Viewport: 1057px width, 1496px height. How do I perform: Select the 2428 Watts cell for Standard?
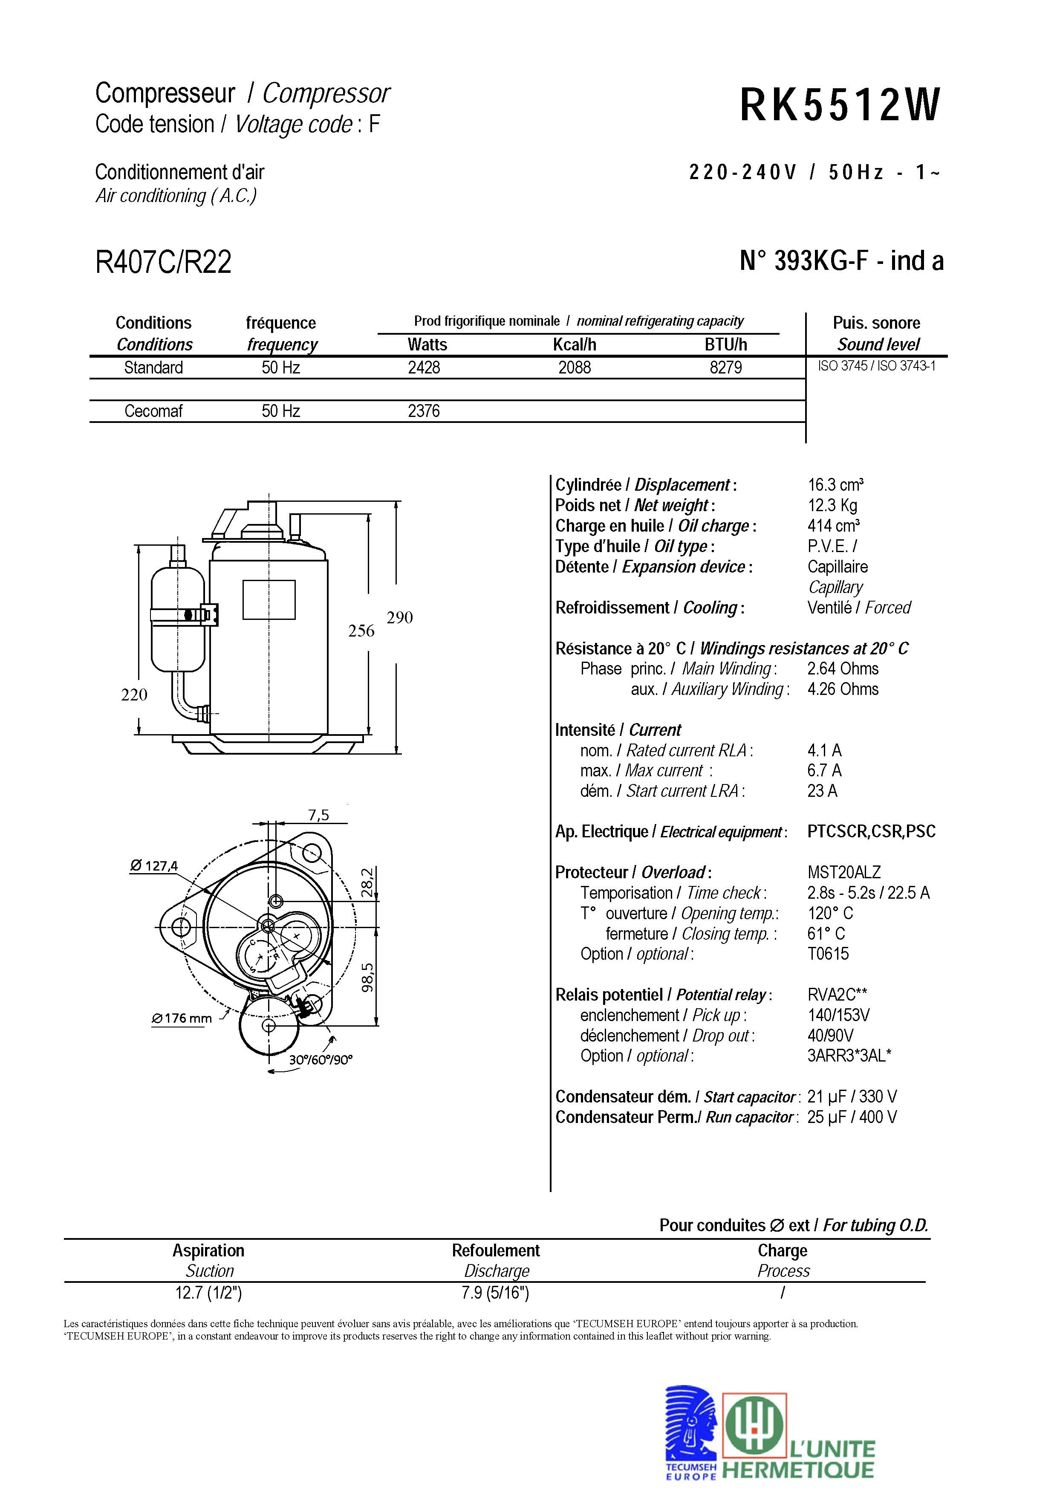click(x=424, y=368)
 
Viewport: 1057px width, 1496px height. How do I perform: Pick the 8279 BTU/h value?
click(x=725, y=368)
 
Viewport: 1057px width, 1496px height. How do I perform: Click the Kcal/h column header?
click(x=575, y=344)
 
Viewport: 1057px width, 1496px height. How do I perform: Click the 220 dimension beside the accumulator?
click(x=134, y=694)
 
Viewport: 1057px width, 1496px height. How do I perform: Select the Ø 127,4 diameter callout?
click(x=154, y=866)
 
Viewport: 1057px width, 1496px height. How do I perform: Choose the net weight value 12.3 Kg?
click(x=832, y=506)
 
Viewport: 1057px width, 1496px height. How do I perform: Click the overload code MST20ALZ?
click(x=843, y=872)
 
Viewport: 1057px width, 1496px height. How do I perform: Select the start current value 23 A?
click(x=822, y=791)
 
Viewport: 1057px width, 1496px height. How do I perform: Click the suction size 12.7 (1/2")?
click(x=208, y=1293)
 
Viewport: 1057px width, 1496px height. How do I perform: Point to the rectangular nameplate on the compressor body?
click(x=269, y=599)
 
